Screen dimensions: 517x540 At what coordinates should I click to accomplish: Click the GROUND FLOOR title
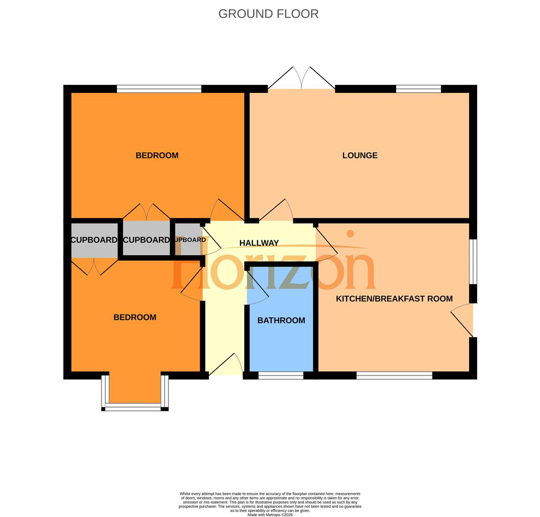(268, 14)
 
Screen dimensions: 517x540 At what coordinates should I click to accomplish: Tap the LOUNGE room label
(359, 156)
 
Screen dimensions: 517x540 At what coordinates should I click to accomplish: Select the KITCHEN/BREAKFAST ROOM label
(394, 299)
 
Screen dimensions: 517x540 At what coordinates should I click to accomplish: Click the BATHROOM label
(281, 321)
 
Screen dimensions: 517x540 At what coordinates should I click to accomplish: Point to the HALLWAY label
(259, 243)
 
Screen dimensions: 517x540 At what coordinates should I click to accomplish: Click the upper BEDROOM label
(157, 156)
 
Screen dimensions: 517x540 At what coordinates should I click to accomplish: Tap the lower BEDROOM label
(135, 317)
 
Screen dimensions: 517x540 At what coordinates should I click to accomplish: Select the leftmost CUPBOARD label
(94, 240)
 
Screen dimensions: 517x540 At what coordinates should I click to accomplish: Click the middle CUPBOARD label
(146, 240)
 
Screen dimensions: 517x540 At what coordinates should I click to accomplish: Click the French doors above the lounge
(301, 79)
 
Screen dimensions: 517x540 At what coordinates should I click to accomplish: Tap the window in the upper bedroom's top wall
(159, 89)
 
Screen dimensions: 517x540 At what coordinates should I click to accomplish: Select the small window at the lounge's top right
(418, 89)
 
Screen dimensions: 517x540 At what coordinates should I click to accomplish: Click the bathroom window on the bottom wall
(281, 376)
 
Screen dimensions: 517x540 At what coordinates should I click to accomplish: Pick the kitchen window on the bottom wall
(394, 376)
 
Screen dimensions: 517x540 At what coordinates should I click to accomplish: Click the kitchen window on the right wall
(473, 262)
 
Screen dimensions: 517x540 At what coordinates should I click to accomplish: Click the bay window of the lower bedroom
(134, 407)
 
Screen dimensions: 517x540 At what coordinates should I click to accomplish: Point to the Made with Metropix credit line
(270, 515)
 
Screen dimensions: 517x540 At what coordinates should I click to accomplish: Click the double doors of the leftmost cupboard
(94, 267)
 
